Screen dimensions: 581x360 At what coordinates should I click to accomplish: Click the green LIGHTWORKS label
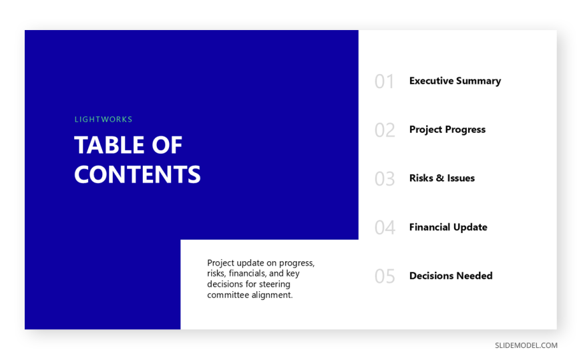pyautogui.click(x=104, y=120)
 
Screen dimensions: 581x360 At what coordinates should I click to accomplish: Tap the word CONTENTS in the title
pyautogui.click(x=138, y=174)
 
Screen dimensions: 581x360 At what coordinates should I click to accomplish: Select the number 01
pyautogui.click(x=384, y=81)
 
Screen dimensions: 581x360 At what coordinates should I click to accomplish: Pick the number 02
pyautogui.click(x=385, y=130)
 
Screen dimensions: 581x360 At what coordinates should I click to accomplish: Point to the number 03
pyautogui.click(x=385, y=179)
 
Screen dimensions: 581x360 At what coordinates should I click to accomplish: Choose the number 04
pyautogui.click(x=385, y=228)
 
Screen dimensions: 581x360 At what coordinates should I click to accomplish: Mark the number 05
pyautogui.click(x=385, y=277)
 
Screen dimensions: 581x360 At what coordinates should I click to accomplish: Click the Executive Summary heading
pyautogui.click(x=455, y=81)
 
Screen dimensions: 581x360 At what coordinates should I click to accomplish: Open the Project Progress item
pyautogui.click(x=447, y=130)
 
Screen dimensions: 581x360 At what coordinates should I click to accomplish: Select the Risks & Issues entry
pyautogui.click(x=441, y=178)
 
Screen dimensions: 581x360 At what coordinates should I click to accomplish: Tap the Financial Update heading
pyautogui.click(x=448, y=227)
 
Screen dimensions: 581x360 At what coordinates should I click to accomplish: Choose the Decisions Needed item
pyautogui.click(x=451, y=276)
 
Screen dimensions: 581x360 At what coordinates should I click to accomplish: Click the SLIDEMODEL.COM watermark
pyautogui.click(x=526, y=345)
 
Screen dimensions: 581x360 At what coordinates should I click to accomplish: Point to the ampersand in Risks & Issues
pyautogui.click(x=440, y=178)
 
